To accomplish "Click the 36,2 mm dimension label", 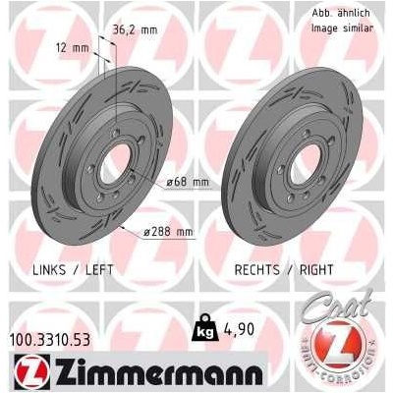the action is pyautogui.click(x=135, y=30).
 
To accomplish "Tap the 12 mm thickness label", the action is pyautogui.click(x=73, y=48).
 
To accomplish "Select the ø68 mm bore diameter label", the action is pyautogui.click(x=188, y=182).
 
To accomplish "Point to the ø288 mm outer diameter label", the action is pyautogui.click(x=168, y=232).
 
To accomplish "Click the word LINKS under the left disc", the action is pyautogui.click(x=49, y=270).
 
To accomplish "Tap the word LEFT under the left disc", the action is pyautogui.click(x=99, y=270).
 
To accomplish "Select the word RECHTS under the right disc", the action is pyautogui.click(x=257, y=270).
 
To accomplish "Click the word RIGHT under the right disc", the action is pyautogui.click(x=316, y=270).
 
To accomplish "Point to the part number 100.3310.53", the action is pyautogui.click(x=50, y=340).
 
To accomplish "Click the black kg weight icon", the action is pyautogui.click(x=205, y=328).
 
